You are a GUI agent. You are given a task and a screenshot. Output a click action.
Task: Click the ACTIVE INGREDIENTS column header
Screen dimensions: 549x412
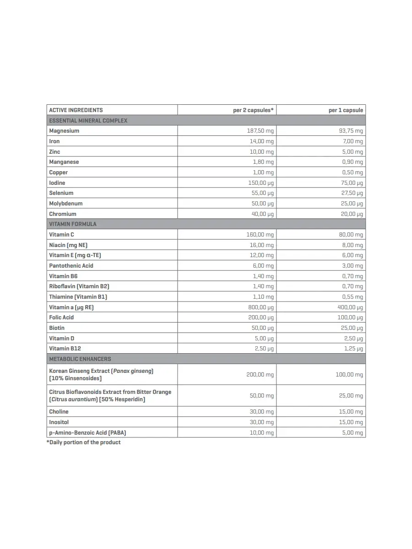(76, 110)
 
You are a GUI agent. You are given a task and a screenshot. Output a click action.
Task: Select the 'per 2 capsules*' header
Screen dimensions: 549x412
(253, 110)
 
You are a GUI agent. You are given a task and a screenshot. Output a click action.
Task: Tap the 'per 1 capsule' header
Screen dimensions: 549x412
(346, 110)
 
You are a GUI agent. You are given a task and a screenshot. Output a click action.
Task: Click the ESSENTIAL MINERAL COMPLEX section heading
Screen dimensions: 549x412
(88, 120)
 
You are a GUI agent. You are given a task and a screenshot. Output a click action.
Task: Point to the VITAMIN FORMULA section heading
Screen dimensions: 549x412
(73, 224)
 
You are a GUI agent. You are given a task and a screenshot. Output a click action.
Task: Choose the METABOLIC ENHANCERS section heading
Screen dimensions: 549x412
(80, 359)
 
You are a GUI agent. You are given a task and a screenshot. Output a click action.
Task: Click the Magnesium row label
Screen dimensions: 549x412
(64, 131)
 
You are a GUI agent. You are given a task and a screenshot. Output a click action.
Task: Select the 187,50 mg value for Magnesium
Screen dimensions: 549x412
(260, 131)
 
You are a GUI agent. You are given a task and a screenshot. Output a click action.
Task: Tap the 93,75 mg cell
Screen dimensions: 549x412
(351, 131)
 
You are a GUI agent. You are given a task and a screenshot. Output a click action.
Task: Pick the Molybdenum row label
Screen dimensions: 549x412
(66, 204)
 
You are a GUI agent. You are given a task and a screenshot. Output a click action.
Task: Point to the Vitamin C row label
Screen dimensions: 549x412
(62, 235)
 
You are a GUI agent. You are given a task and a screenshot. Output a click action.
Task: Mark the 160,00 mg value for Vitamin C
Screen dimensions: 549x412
(260, 235)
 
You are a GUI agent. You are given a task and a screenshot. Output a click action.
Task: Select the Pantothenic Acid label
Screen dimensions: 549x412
(71, 266)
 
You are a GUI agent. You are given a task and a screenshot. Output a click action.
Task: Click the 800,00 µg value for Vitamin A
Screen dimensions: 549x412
(260, 307)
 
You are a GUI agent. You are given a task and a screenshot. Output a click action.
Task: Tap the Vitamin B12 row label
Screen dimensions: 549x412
(65, 349)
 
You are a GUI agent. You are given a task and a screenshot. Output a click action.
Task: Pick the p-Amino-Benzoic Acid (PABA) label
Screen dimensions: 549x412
(87, 432)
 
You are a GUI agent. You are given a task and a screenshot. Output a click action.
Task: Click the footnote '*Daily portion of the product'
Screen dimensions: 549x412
(84, 442)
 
